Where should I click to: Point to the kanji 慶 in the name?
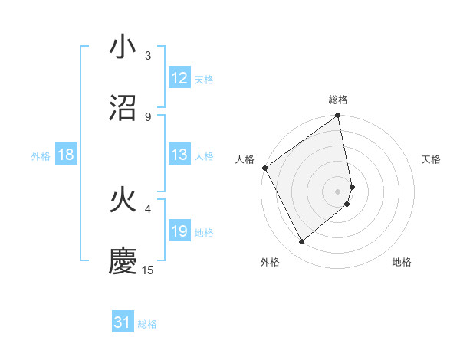point(123,261)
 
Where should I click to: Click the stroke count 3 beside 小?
point(148,56)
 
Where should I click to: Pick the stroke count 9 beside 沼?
point(148,116)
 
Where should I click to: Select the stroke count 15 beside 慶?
point(149,270)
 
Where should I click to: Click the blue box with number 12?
point(179,78)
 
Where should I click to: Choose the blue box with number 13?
point(179,155)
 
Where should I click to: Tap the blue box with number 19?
point(179,231)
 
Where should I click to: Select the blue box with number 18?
point(66,155)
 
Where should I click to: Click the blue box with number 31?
point(123,323)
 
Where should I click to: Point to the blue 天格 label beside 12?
point(204,80)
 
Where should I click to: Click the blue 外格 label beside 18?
point(41,156)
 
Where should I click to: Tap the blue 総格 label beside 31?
point(147,325)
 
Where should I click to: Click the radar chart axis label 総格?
point(338,100)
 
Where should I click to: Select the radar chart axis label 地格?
point(402,262)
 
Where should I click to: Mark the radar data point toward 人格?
point(265,168)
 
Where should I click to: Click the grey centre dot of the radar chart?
point(338,191)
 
